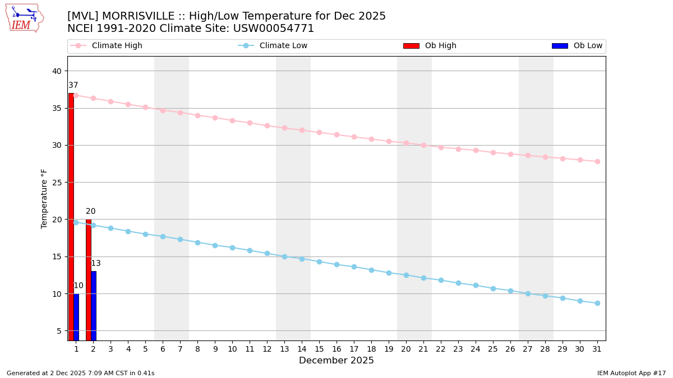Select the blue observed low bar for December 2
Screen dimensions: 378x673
[94, 306]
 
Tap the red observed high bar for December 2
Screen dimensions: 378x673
[89, 280]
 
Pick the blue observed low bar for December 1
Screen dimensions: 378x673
[76, 317]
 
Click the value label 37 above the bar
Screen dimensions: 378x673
[73, 86]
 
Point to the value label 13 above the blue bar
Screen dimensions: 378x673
[96, 264]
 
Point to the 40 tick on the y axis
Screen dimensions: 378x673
[57, 71]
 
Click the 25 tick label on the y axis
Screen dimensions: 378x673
[57, 183]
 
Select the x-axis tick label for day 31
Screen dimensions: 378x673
[597, 349]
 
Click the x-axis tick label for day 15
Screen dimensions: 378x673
[319, 349]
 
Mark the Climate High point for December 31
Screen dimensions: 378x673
[597, 161]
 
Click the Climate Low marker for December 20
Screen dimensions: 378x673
[406, 276]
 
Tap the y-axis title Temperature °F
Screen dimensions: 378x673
[45, 198]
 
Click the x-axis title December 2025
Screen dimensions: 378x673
[336, 361]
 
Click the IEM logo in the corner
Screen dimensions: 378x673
[25, 18]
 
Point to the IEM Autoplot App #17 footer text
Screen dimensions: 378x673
[631, 373]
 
